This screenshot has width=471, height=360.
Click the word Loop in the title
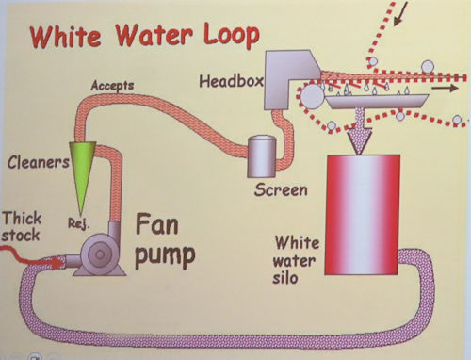(x=232, y=36)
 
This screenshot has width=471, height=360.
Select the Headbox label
(x=231, y=81)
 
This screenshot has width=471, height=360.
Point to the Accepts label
(x=112, y=86)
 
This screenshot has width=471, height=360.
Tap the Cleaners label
(x=39, y=162)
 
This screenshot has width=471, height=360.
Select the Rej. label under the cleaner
(x=79, y=223)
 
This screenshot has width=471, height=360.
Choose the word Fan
(x=157, y=224)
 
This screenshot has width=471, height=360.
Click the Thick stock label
(x=22, y=226)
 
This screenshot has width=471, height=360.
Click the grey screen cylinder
(x=262, y=156)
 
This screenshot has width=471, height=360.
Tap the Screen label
(x=281, y=190)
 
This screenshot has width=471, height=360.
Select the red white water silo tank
(x=362, y=215)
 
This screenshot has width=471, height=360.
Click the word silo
(x=285, y=278)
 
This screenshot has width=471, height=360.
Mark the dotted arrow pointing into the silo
(x=360, y=130)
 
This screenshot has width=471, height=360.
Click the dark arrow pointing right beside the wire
(x=445, y=89)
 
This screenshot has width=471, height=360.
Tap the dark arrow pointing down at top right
(x=401, y=13)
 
